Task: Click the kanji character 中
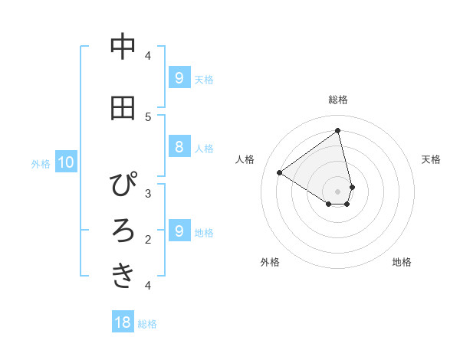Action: [x=123, y=47]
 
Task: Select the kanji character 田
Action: [x=123, y=108]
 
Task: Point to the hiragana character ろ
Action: [x=123, y=231]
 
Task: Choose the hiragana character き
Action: [x=123, y=276]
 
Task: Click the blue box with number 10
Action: [x=66, y=162]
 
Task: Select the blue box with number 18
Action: [x=123, y=322]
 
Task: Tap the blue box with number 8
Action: [x=179, y=147]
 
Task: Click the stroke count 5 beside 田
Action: [x=148, y=116]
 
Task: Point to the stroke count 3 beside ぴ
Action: [x=148, y=193]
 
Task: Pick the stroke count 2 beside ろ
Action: [x=148, y=239]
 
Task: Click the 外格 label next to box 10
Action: [x=41, y=163]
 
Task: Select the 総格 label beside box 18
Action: [x=147, y=324]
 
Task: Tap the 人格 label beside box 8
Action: [x=204, y=148]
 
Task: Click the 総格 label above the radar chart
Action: [x=338, y=100]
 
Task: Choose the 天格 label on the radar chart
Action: [x=432, y=159]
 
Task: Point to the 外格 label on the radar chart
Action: [x=270, y=262]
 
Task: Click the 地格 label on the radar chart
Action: [x=402, y=262]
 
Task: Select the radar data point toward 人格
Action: [x=280, y=172]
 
